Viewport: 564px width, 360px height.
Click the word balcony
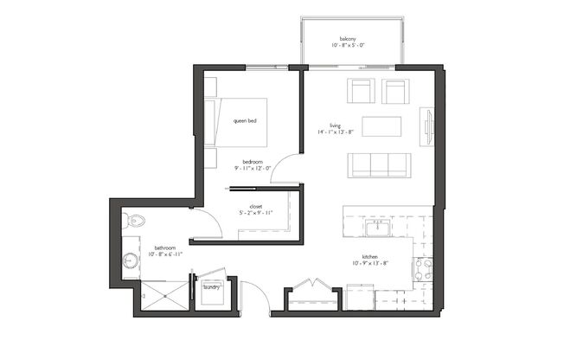[x=349, y=38]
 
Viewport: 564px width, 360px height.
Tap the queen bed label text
[x=245, y=121]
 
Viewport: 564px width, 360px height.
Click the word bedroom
[x=253, y=161]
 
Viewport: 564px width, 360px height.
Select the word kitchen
[x=370, y=256]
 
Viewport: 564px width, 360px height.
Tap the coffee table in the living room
[x=381, y=126]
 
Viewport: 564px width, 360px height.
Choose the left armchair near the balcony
[x=361, y=91]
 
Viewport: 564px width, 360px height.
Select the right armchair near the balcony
[x=394, y=91]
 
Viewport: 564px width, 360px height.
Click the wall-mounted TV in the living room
[x=429, y=126]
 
